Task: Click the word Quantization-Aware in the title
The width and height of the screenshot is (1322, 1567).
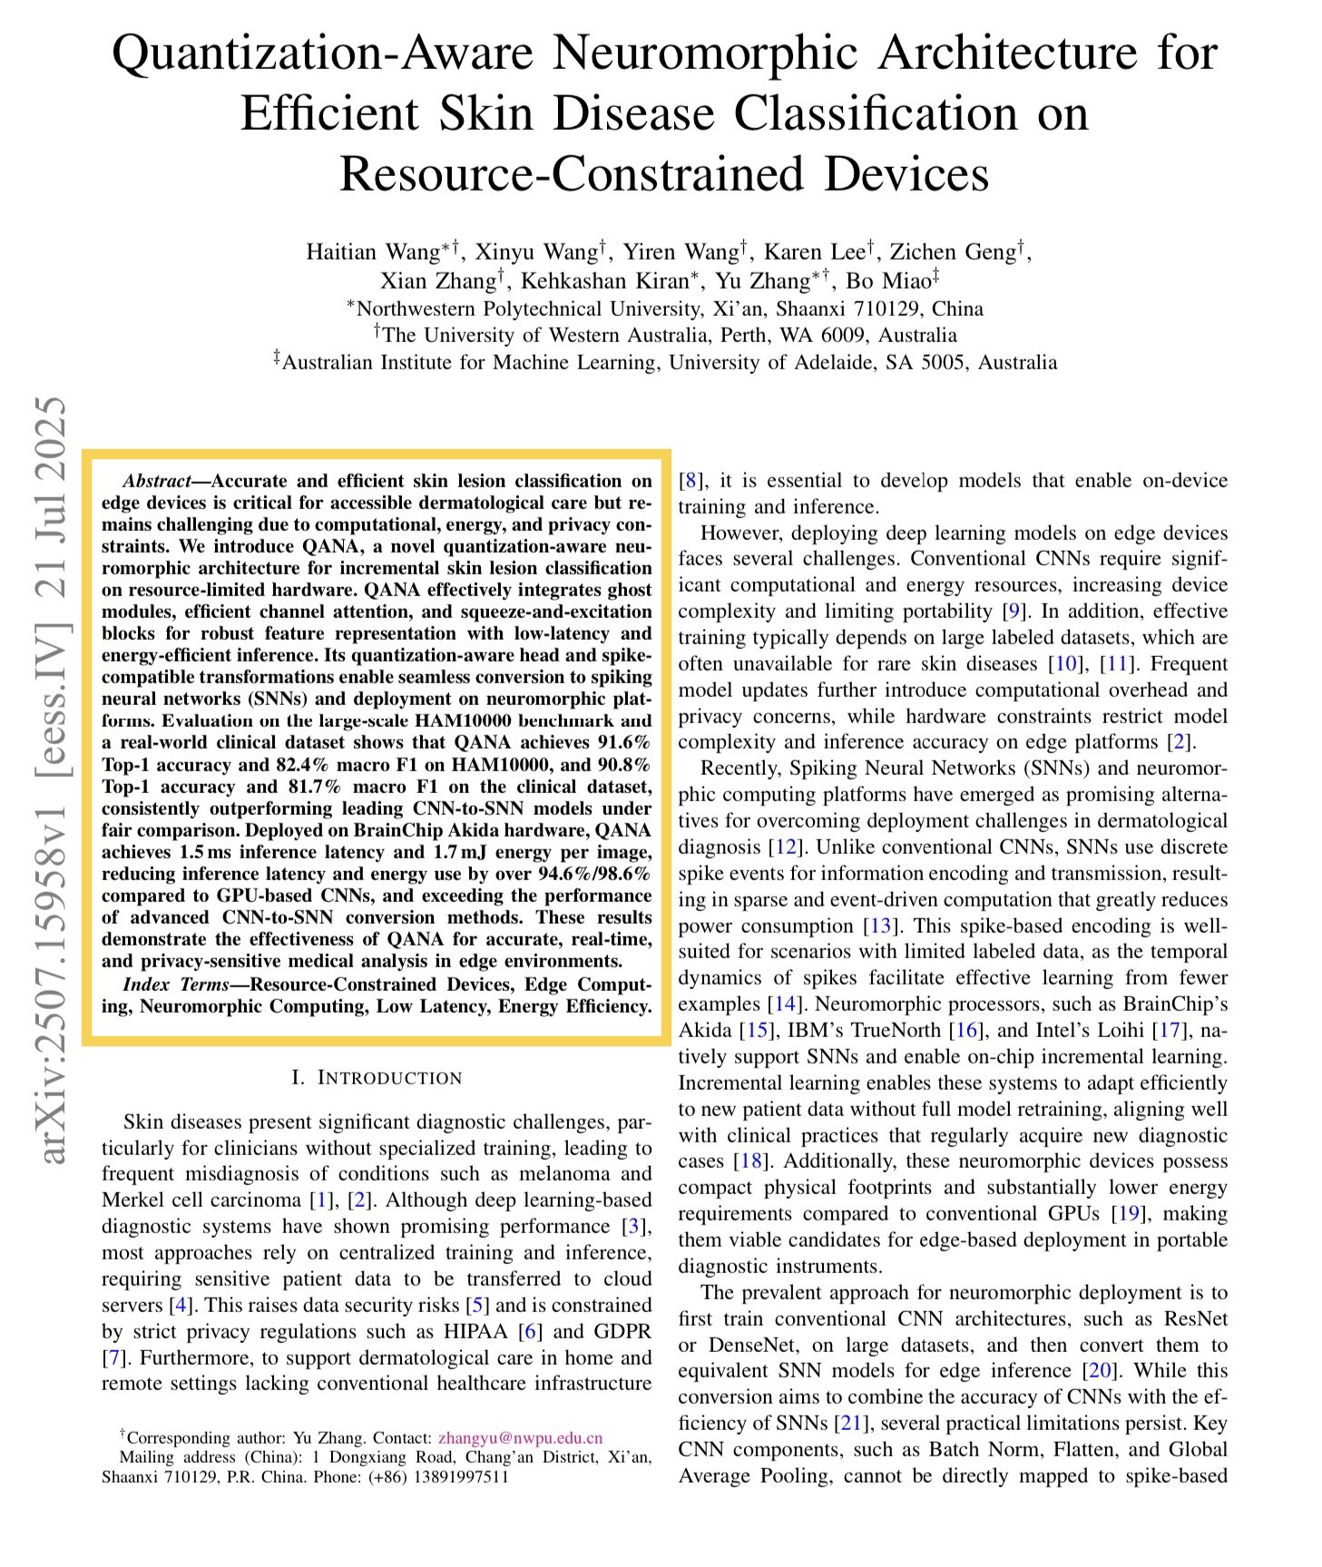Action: pos(322,54)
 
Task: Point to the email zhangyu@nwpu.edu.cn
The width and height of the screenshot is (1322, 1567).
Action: pos(520,1437)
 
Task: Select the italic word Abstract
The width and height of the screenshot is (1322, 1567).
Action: pos(155,481)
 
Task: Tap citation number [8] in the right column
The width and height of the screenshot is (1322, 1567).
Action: pos(690,481)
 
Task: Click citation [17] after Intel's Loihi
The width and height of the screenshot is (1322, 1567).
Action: pos(1168,1031)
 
